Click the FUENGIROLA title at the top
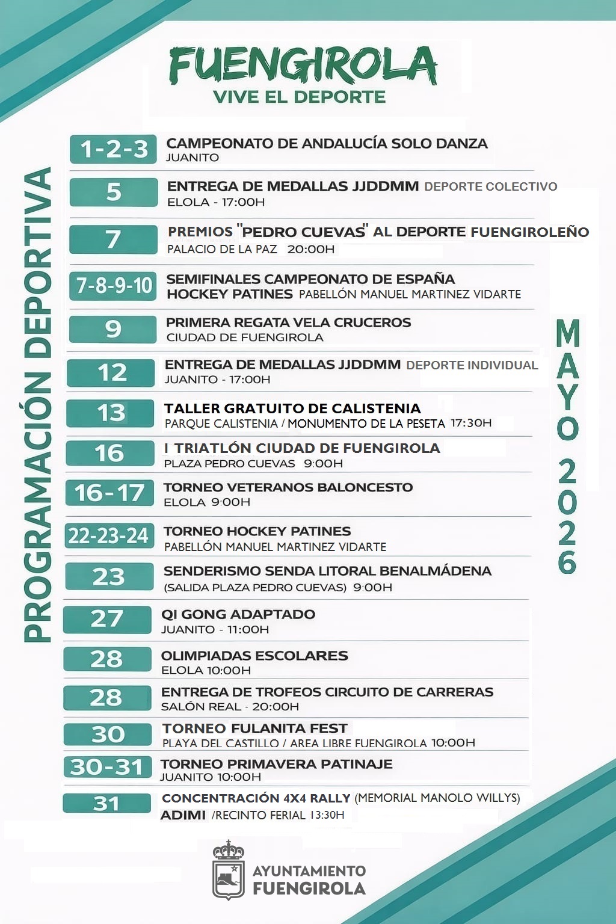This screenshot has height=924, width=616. (303, 65)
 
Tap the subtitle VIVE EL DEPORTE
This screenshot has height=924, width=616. (299, 97)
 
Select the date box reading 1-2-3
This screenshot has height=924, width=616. (113, 149)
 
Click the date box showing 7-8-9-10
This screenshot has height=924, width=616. (113, 285)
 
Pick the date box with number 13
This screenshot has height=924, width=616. (111, 413)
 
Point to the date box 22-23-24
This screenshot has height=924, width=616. (109, 535)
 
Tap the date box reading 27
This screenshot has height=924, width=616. (107, 619)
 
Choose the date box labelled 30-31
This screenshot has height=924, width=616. (106, 767)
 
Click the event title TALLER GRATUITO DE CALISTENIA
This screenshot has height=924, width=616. (292, 408)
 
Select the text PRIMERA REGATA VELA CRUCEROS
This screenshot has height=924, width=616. (288, 322)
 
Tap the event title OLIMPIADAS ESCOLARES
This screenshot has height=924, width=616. (254, 656)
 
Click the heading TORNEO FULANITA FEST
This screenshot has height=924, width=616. (254, 728)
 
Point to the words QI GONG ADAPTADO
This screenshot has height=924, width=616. (238, 614)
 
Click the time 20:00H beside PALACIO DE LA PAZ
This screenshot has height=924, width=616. (311, 249)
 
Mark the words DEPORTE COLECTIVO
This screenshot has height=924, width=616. (491, 186)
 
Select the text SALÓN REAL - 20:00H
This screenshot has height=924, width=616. (230, 707)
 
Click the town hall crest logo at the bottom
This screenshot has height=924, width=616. (229, 870)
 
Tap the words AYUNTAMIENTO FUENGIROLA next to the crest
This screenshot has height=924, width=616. (309, 880)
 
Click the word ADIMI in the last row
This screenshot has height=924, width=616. (183, 815)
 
